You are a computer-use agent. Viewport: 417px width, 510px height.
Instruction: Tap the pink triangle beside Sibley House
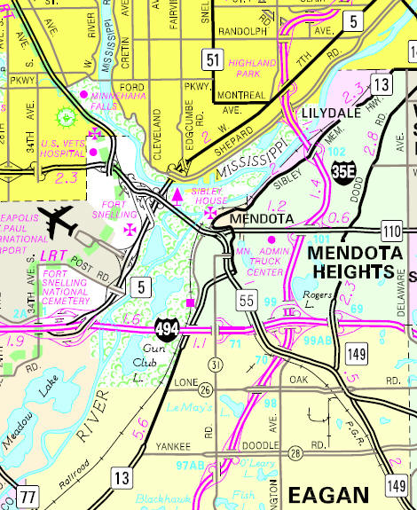[x=177, y=192]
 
